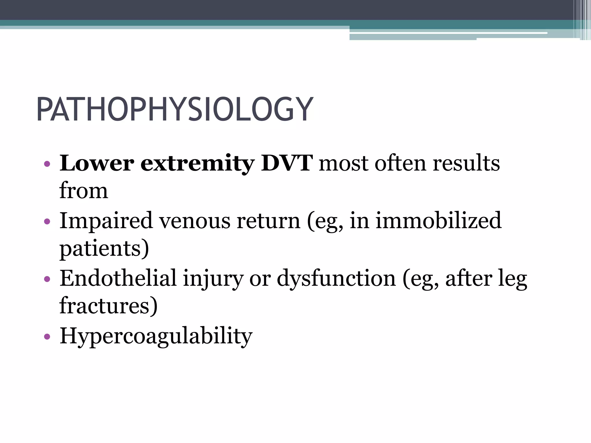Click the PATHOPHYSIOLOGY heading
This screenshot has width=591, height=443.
175,110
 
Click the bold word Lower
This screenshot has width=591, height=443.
97,163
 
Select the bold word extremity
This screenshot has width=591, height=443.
197,163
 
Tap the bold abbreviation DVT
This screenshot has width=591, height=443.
287,163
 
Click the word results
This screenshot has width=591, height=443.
466,163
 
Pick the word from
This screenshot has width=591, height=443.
84,191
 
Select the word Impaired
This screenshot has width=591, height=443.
106,221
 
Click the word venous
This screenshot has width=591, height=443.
195,221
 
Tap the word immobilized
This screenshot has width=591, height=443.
438,221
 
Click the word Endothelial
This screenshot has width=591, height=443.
118,278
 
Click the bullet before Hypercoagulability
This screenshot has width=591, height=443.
47,337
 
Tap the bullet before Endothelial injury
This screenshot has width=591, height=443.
47,279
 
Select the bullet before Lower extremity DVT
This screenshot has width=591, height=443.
47,164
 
